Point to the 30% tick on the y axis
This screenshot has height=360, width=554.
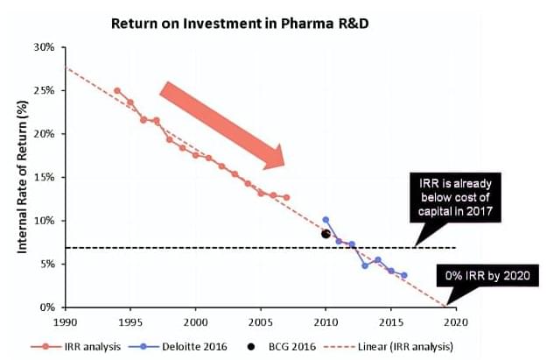[45, 46]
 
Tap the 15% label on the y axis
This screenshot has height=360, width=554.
[45, 177]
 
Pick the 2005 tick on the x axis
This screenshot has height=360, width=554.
[261, 321]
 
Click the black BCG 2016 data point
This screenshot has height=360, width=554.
[326, 234]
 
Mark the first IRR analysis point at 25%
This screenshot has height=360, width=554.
[117, 90]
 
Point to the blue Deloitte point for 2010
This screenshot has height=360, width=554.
[326, 219]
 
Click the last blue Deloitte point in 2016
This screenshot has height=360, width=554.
[403, 275]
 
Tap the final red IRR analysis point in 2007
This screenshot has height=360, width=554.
[286, 197]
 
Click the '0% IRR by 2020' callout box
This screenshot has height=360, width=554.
[486, 276]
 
